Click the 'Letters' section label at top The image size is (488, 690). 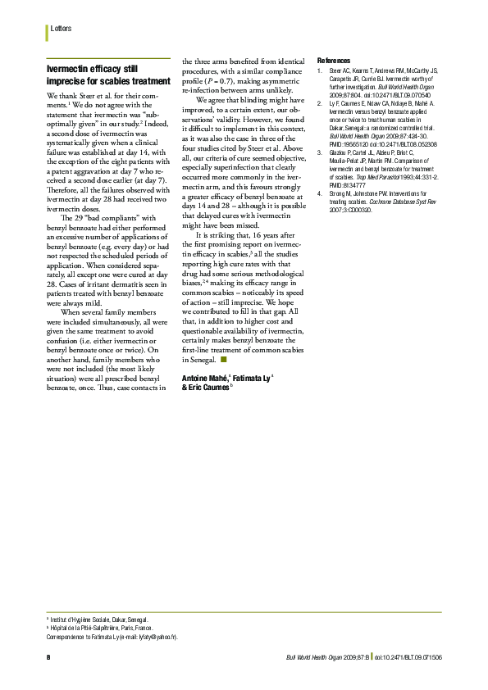(x=61, y=29)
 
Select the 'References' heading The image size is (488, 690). (x=333, y=61)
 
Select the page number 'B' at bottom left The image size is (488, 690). (x=48, y=657)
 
